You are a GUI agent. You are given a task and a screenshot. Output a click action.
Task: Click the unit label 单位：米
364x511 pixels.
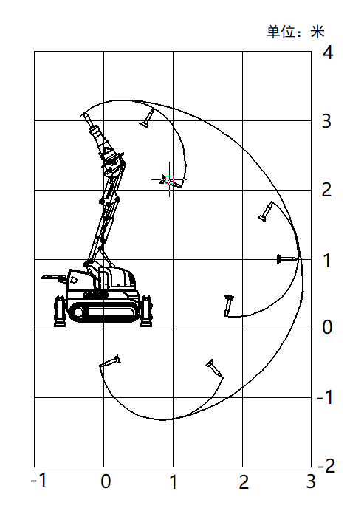tap(295, 32)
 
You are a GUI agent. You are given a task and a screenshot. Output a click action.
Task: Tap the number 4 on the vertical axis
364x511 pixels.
tap(328, 52)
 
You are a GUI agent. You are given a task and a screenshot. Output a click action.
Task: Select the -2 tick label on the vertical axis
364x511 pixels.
tap(326, 466)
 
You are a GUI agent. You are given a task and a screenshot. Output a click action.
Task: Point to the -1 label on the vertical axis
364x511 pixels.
tap(325, 397)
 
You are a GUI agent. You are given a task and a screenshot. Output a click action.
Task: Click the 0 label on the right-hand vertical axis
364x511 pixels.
tap(327, 327)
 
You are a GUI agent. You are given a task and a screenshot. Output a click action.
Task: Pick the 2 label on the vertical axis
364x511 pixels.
tap(326, 189)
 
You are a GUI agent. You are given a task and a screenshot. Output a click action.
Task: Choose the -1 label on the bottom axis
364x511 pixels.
tap(39, 480)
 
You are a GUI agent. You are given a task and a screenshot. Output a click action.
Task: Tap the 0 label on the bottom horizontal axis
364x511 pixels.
tap(106, 481)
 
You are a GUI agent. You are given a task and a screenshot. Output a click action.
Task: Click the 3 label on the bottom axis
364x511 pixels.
tap(311, 481)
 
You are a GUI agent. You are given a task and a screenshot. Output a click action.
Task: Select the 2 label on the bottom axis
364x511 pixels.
tap(244, 481)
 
